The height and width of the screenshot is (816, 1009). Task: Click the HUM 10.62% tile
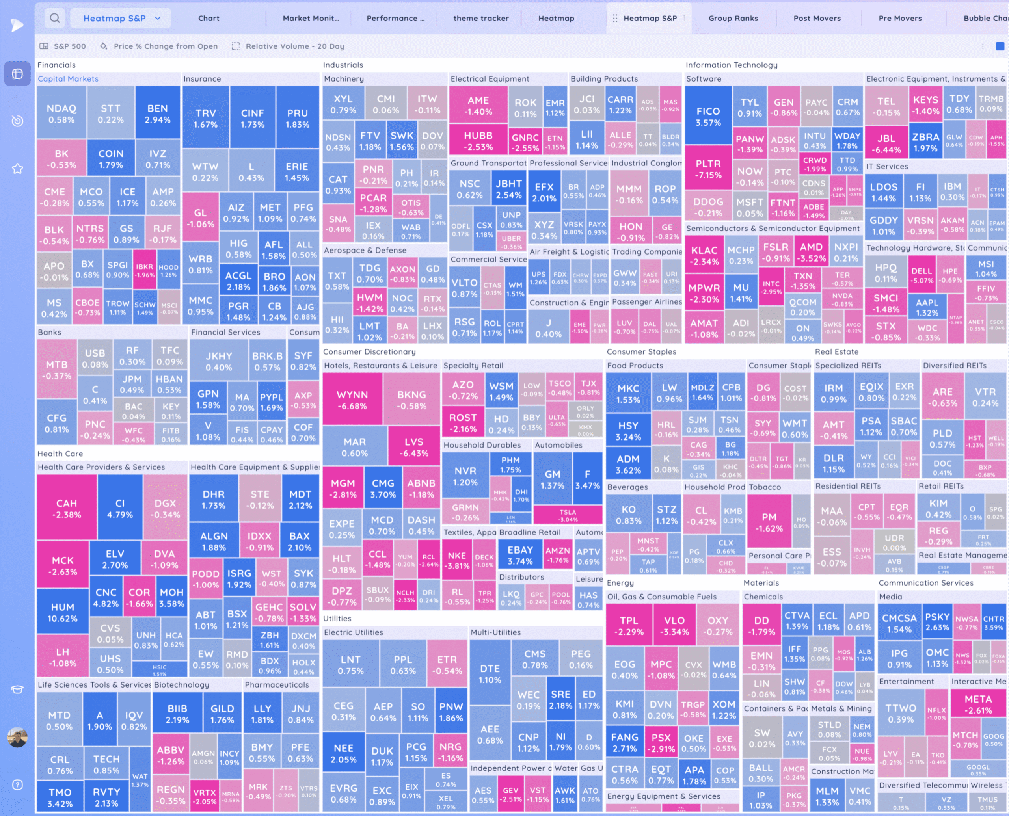pyautogui.click(x=63, y=612)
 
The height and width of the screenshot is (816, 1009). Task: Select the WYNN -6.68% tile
pyautogui.click(x=352, y=400)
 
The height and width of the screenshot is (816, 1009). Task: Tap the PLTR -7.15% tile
pyautogui.click(x=708, y=169)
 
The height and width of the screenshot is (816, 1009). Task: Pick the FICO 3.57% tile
pyautogui.click(x=708, y=116)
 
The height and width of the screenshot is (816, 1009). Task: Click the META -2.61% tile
pyautogui.click(x=978, y=704)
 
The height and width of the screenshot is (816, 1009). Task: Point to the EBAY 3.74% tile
pyautogui.click(x=520, y=555)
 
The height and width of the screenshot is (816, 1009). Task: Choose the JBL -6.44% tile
pyautogui.click(x=886, y=143)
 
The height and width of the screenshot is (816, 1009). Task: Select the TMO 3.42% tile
pyautogui.click(x=60, y=797)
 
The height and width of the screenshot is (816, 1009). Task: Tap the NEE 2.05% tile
pyautogui.click(x=344, y=753)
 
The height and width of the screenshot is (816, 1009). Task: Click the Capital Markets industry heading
pyautogui.click(x=68, y=79)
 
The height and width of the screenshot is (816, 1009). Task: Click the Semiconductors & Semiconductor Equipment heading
pyautogui.click(x=773, y=229)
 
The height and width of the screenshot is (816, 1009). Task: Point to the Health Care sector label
pyautogui.click(x=60, y=454)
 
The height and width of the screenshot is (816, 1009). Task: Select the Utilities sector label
pyautogui.click(x=337, y=619)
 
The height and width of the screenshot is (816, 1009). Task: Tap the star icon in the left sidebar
pyautogui.click(x=17, y=168)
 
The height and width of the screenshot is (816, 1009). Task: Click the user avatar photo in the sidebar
pyautogui.click(x=17, y=738)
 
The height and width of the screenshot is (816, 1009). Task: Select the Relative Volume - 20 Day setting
pyautogui.click(x=289, y=46)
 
